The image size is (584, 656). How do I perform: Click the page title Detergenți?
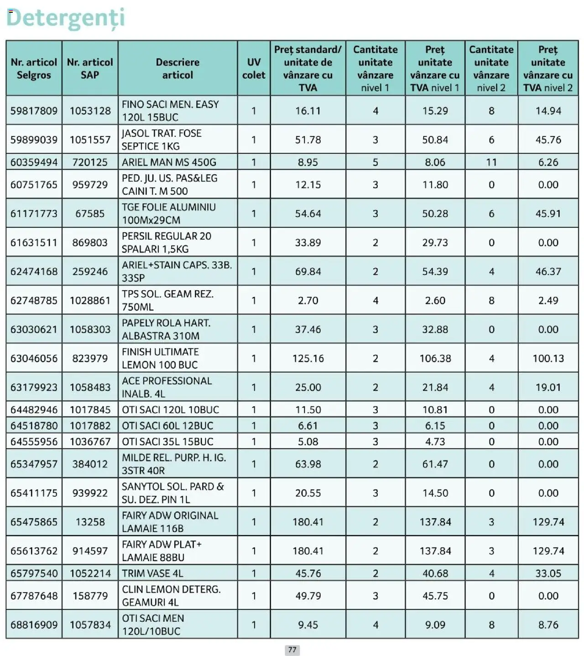point(65,18)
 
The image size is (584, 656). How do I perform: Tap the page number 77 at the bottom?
point(292,650)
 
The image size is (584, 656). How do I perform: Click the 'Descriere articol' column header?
point(177,68)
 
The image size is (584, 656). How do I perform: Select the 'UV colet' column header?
point(254,68)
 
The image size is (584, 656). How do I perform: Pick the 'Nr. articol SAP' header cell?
point(90,68)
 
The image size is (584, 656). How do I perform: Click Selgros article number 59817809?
point(34,111)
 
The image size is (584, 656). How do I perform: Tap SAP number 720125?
point(90,162)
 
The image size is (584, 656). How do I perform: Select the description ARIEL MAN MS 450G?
point(169,162)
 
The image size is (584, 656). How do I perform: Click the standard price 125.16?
point(308,359)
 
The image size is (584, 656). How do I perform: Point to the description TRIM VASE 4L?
point(153,573)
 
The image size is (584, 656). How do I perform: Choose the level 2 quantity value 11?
point(491,162)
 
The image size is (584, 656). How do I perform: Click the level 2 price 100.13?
point(548,359)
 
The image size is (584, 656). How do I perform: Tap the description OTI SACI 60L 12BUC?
point(167,426)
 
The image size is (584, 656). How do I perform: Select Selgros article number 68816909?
point(34,625)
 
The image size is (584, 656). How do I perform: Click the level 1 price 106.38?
point(435,359)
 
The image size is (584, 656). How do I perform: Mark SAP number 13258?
point(90,522)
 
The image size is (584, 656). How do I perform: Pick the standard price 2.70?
point(308,301)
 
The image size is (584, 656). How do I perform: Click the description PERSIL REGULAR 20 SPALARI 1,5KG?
point(167,243)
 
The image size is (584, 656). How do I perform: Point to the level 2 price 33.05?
point(548,573)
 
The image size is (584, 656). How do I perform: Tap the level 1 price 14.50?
point(435,493)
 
